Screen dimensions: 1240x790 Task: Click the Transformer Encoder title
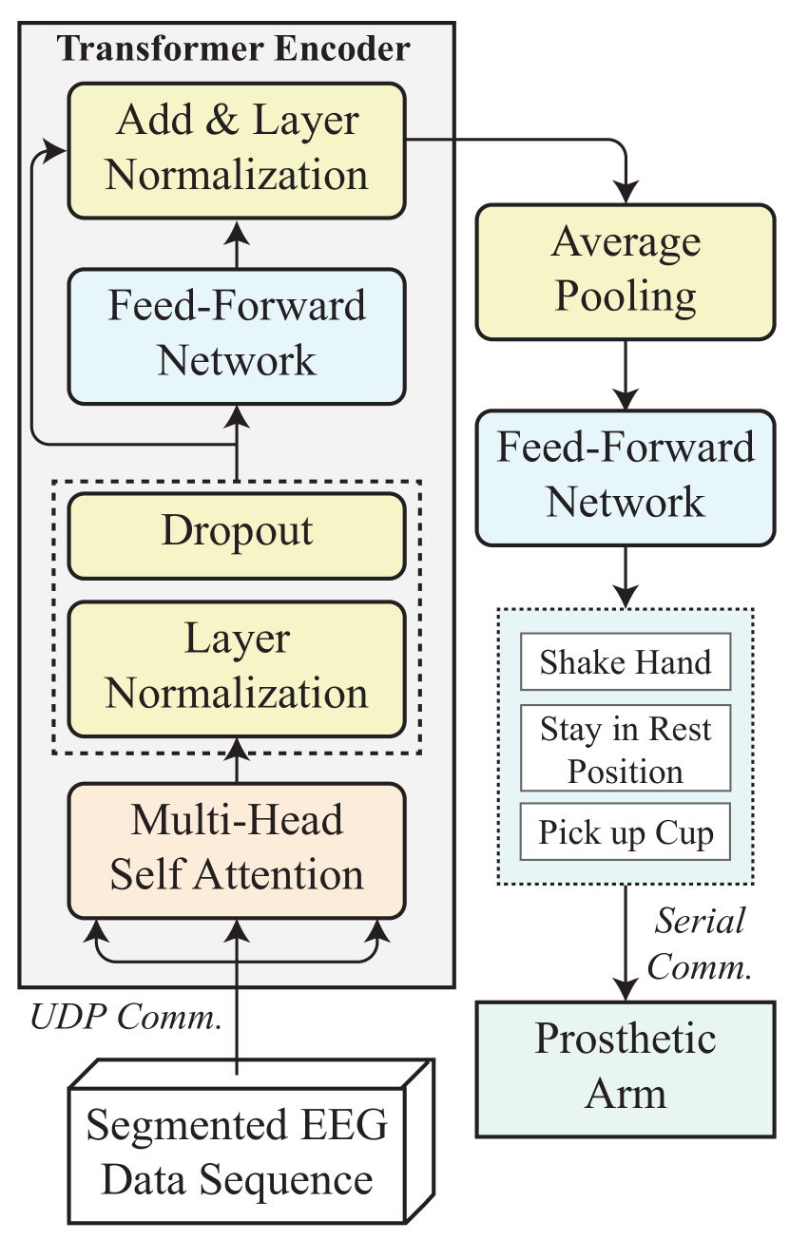[235, 48]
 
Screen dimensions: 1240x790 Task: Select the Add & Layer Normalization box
[237, 149]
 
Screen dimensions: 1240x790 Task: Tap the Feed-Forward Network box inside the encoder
[237, 334]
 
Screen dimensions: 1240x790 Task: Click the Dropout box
[237, 531]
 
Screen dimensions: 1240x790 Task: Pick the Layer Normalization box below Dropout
[237, 667]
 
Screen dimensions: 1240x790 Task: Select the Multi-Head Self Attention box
[237, 849]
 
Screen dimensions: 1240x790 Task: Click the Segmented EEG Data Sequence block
[237, 1154]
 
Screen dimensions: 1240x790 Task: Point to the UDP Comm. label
[125, 1018]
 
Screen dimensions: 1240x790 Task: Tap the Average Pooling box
[626, 271]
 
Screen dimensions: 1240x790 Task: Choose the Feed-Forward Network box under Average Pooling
[626, 476]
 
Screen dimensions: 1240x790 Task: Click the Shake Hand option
[626, 662]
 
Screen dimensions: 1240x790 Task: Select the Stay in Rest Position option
[626, 750]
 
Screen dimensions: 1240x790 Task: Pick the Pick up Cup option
[626, 833]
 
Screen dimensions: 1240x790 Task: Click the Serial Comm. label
[702, 944]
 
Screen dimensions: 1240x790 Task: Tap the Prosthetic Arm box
[626, 1067]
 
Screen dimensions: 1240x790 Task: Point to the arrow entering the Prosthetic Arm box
[626, 969]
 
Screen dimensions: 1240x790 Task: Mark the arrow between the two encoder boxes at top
[237, 244]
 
